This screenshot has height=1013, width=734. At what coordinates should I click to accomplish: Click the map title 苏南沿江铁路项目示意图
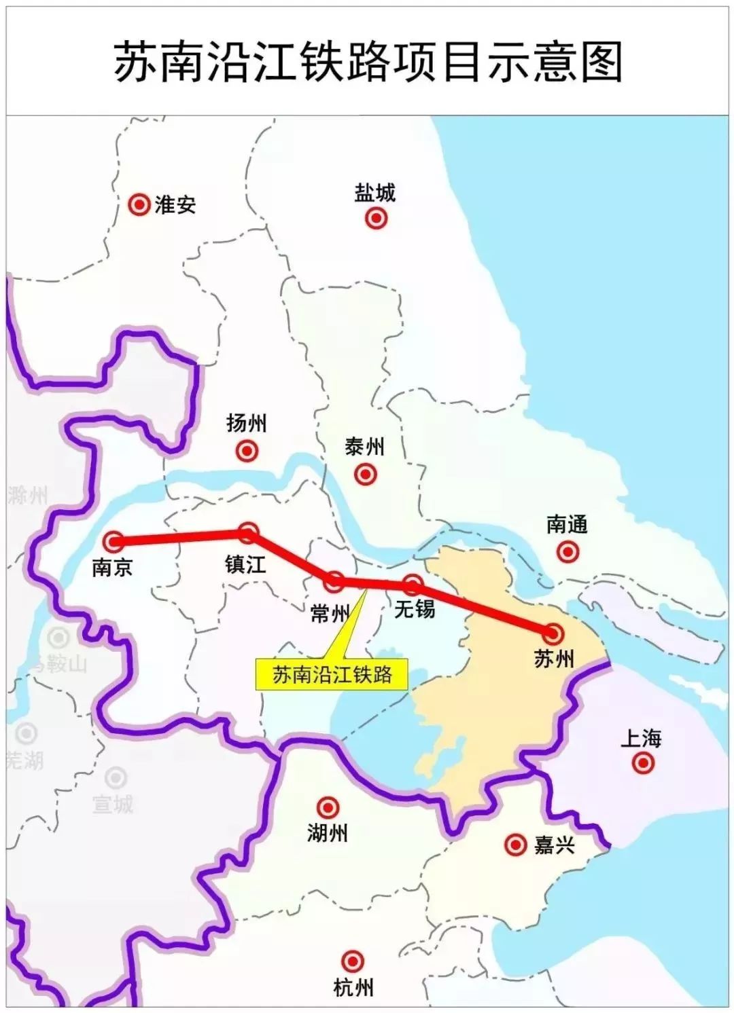[x=367, y=62]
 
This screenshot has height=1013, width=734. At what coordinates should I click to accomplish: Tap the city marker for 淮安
[x=139, y=204]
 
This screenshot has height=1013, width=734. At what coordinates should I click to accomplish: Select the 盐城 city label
[x=374, y=193]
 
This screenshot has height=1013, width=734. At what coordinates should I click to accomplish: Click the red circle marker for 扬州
[x=247, y=450]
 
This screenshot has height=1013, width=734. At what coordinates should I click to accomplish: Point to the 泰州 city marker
[x=366, y=474]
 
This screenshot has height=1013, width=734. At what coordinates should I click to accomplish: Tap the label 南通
[x=567, y=524]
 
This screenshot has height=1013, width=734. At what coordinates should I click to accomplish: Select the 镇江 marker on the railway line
[x=248, y=534]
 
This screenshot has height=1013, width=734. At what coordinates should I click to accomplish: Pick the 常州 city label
[x=330, y=614]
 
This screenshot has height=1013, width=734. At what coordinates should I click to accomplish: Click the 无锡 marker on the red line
[x=413, y=584]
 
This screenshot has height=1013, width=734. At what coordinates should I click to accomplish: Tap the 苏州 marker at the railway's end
[x=553, y=633]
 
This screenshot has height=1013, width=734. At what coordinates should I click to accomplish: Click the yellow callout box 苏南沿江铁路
[x=332, y=674]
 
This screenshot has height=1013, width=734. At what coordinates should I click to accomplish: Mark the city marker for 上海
[x=642, y=763]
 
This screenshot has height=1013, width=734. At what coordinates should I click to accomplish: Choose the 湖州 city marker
[x=328, y=807]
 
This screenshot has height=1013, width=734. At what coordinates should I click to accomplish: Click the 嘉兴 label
[x=555, y=845]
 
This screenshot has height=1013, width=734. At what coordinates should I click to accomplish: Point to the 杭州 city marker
[x=352, y=961]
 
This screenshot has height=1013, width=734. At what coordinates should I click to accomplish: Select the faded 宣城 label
[x=113, y=805]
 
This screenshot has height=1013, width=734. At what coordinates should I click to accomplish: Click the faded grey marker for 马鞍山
[x=59, y=638]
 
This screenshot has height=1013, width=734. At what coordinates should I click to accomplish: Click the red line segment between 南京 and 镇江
[x=180, y=538]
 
